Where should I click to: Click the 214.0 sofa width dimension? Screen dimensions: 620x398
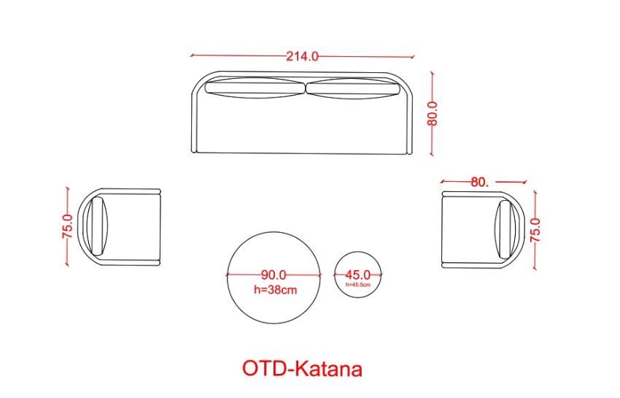click(x=302, y=56)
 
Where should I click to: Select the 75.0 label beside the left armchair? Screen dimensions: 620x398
click(x=68, y=226)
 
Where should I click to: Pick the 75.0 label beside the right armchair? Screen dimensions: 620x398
click(x=535, y=230)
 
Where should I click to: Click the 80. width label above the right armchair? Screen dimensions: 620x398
click(x=480, y=182)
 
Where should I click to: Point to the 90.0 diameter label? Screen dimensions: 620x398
click(x=274, y=275)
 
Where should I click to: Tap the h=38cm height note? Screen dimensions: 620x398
click(x=275, y=290)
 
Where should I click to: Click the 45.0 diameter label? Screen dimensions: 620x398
click(x=358, y=275)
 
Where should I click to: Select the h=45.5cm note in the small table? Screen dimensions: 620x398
click(x=358, y=284)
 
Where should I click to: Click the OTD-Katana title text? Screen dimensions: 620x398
click(x=302, y=368)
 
